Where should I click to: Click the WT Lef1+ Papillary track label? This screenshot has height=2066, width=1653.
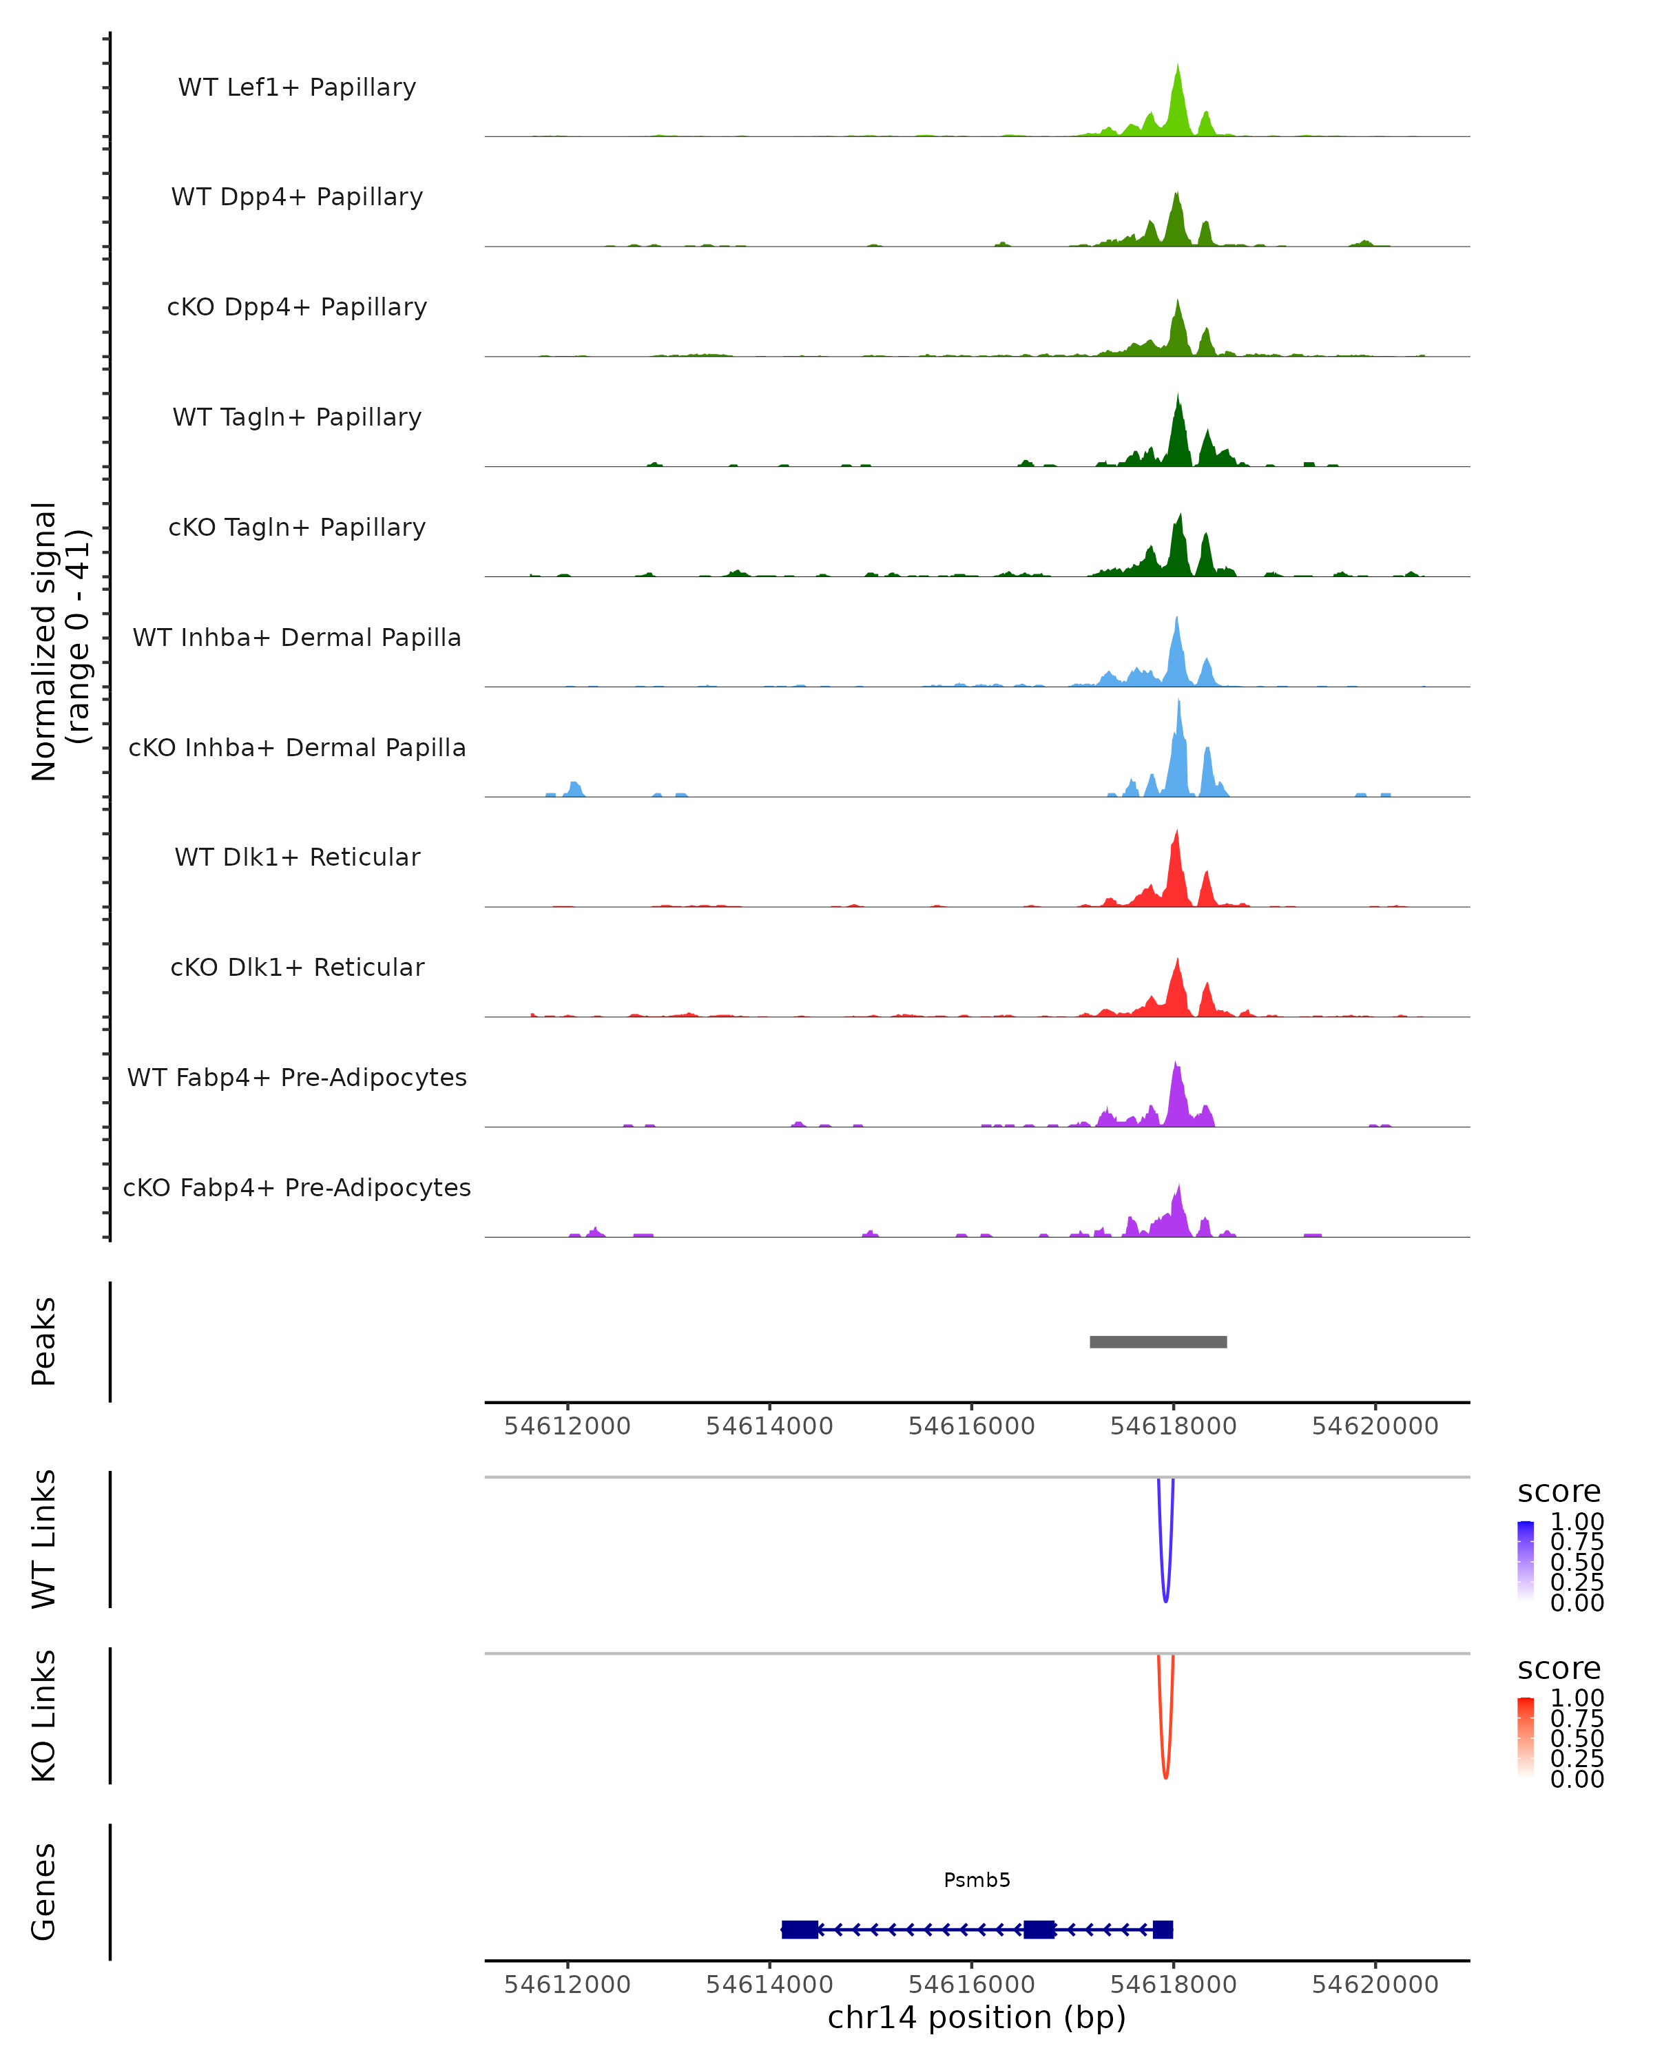coord(297,87)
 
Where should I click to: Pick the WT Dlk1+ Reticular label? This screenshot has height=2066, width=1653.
coord(297,857)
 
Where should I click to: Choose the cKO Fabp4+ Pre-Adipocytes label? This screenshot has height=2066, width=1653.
coord(297,1187)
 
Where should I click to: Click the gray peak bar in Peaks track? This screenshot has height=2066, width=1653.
coord(1158,1342)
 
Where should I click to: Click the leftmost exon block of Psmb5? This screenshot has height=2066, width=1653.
coord(799,1929)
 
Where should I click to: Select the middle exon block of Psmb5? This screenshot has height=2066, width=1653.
coord(1039,1929)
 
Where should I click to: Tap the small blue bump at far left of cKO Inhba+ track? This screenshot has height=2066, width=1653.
coord(574,789)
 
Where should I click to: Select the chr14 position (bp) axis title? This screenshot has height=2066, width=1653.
coord(977,2017)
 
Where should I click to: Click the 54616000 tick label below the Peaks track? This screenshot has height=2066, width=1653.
coord(970,1426)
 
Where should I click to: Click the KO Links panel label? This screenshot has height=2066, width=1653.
coord(44,1715)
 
